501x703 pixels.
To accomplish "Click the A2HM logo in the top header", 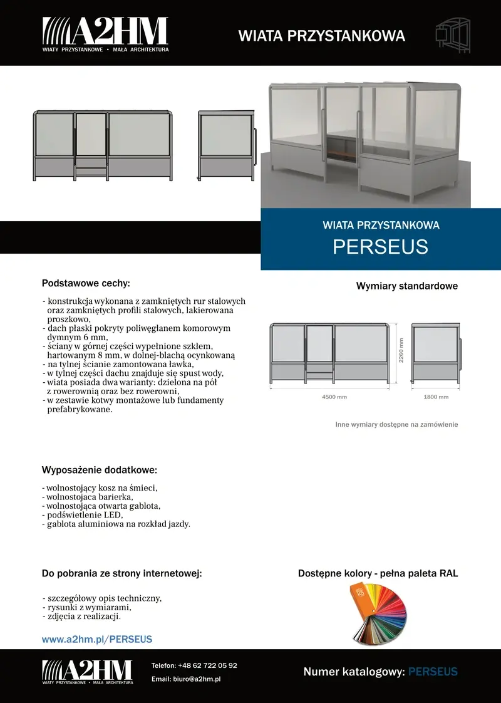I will [105, 34].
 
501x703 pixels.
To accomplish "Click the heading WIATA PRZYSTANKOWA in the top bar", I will [321, 36].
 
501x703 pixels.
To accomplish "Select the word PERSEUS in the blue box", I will [380, 246].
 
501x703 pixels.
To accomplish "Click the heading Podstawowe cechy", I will [86, 283].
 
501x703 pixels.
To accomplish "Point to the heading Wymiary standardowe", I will [407, 286].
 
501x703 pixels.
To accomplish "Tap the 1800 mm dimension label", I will [436, 397].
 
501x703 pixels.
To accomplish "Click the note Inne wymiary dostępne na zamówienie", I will [396, 424].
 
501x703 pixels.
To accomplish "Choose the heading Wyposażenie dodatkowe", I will [99, 470].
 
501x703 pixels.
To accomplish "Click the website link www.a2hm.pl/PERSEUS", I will [97, 640].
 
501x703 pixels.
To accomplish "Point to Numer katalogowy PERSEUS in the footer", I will [380, 672].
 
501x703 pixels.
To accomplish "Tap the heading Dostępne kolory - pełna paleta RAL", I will [378, 573].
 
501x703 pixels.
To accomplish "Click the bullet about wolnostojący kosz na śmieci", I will [100, 487].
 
